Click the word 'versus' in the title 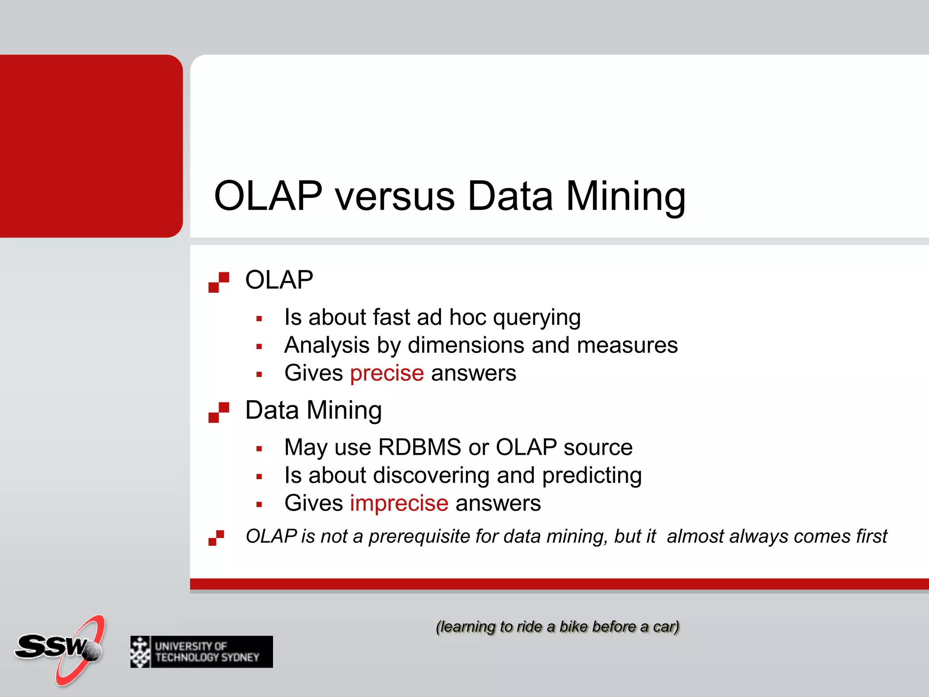(395, 196)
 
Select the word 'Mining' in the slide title (626, 196)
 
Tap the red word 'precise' (387, 373)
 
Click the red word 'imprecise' (399, 504)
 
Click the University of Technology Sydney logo (201, 652)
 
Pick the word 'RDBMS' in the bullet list (420, 447)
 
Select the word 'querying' (537, 318)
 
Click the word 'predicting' (592, 476)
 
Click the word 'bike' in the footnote (574, 627)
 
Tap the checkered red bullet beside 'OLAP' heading (219, 282)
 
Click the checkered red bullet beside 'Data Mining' (219, 412)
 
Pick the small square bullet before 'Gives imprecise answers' (259, 505)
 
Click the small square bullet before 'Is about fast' (259, 319)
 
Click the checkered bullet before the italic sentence (216, 538)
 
